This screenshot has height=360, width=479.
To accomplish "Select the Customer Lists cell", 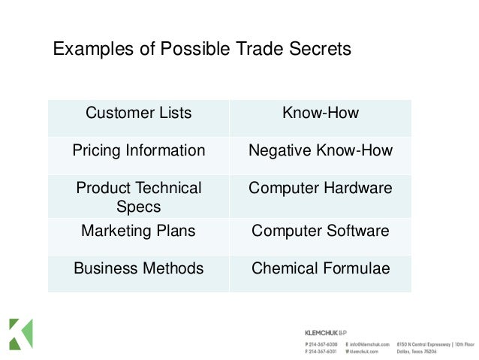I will pyautogui.click(x=138, y=114).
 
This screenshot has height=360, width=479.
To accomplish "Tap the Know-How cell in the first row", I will pyautogui.click(x=321, y=114).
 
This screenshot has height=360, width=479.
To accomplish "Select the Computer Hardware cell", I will pyautogui.click(x=321, y=188).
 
